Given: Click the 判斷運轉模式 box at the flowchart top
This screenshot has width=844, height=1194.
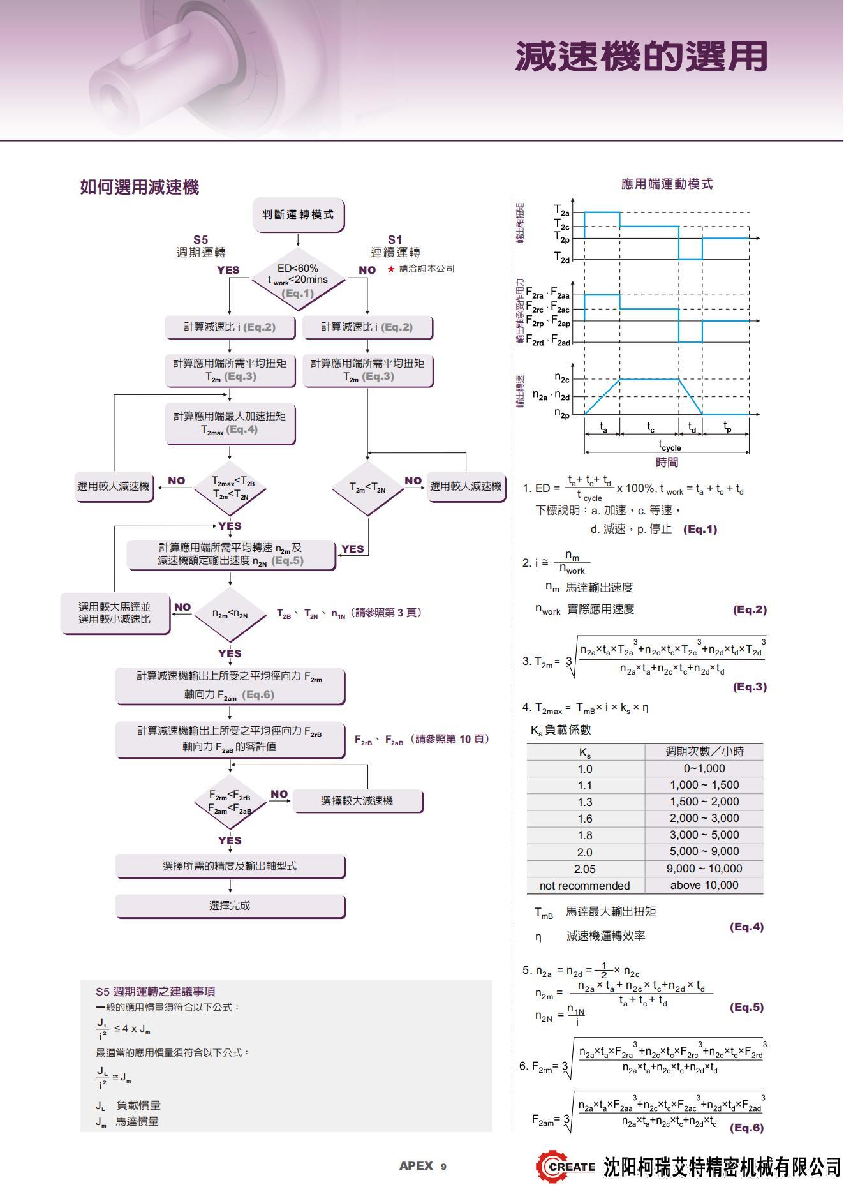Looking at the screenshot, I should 298,214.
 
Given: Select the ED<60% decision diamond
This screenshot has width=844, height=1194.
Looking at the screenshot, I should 298,280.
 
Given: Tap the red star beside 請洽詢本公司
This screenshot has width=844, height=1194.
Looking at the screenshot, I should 391,269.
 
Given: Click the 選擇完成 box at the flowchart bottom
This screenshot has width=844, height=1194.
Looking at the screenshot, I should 230,906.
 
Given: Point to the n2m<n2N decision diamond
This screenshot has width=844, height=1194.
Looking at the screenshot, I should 230,615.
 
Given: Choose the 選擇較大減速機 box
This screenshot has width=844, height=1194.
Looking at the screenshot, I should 357,801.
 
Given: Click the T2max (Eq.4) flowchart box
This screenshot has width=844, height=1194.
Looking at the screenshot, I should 230,422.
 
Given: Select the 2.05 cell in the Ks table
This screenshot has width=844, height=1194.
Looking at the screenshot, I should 584,869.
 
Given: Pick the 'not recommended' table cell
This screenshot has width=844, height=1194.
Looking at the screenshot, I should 584,886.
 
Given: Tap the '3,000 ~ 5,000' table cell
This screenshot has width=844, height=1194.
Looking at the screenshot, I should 704,835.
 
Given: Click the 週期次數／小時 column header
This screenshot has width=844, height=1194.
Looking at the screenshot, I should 704,752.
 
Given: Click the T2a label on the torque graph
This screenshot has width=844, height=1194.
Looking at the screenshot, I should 561,211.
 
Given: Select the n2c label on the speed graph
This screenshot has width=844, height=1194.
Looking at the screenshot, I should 561,378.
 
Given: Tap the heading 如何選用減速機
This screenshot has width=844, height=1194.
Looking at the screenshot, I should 140,187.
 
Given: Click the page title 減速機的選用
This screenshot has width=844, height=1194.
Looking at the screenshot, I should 641,57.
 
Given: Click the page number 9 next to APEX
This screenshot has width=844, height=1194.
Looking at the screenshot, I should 443,1167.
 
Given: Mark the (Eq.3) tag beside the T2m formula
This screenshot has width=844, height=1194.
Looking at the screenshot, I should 750,687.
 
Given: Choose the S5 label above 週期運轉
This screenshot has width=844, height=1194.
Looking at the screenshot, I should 201,240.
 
